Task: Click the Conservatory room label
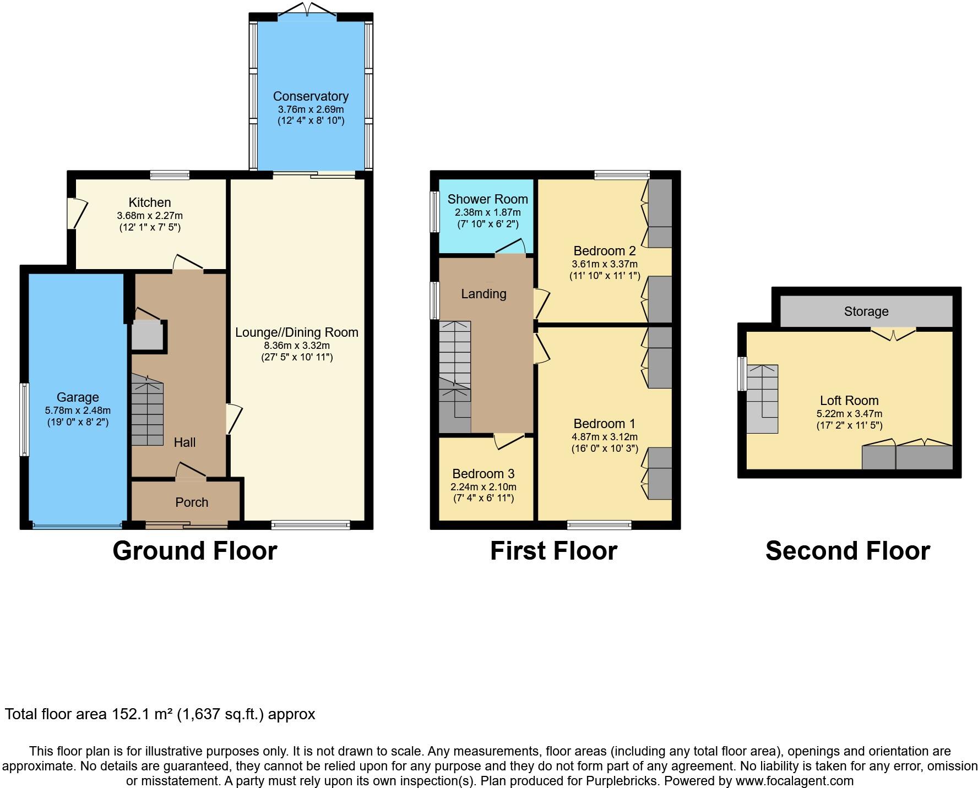pyautogui.click(x=311, y=96)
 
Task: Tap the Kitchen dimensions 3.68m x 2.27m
pyautogui.click(x=150, y=216)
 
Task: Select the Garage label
pyautogui.click(x=78, y=397)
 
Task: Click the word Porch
pyautogui.click(x=192, y=502)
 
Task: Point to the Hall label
pyautogui.click(x=184, y=442)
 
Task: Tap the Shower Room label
pyautogui.click(x=487, y=199)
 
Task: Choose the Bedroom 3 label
pyautogui.click(x=483, y=474)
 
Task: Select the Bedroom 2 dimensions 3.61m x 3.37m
pyautogui.click(x=605, y=264)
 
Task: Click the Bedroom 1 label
pyautogui.click(x=604, y=424)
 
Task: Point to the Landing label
pyautogui.click(x=483, y=294)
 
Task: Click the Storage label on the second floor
pyautogui.click(x=866, y=312)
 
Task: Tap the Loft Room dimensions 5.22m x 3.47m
pyautogui.click(x=849, y=414)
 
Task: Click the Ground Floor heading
pyautogui.click(x=194, y=551)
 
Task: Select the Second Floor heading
pyautogui.click(x=847, y=551)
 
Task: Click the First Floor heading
pyautogui.click(x=553, y=551)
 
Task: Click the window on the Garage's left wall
pyautogui.click(x=24, y=420)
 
